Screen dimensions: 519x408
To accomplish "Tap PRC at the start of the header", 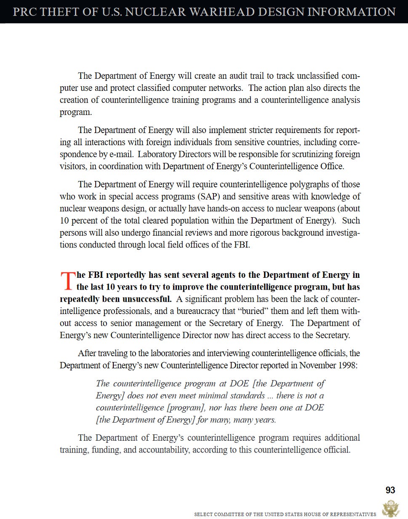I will [x=25, y=11].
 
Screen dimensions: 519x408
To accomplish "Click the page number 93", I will [x=390, y=490].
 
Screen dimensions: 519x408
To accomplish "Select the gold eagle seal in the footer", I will [x=390, y=509].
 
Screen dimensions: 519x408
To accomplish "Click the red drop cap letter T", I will [x=67, y=281].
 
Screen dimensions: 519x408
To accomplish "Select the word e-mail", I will [x=121, y=154].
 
